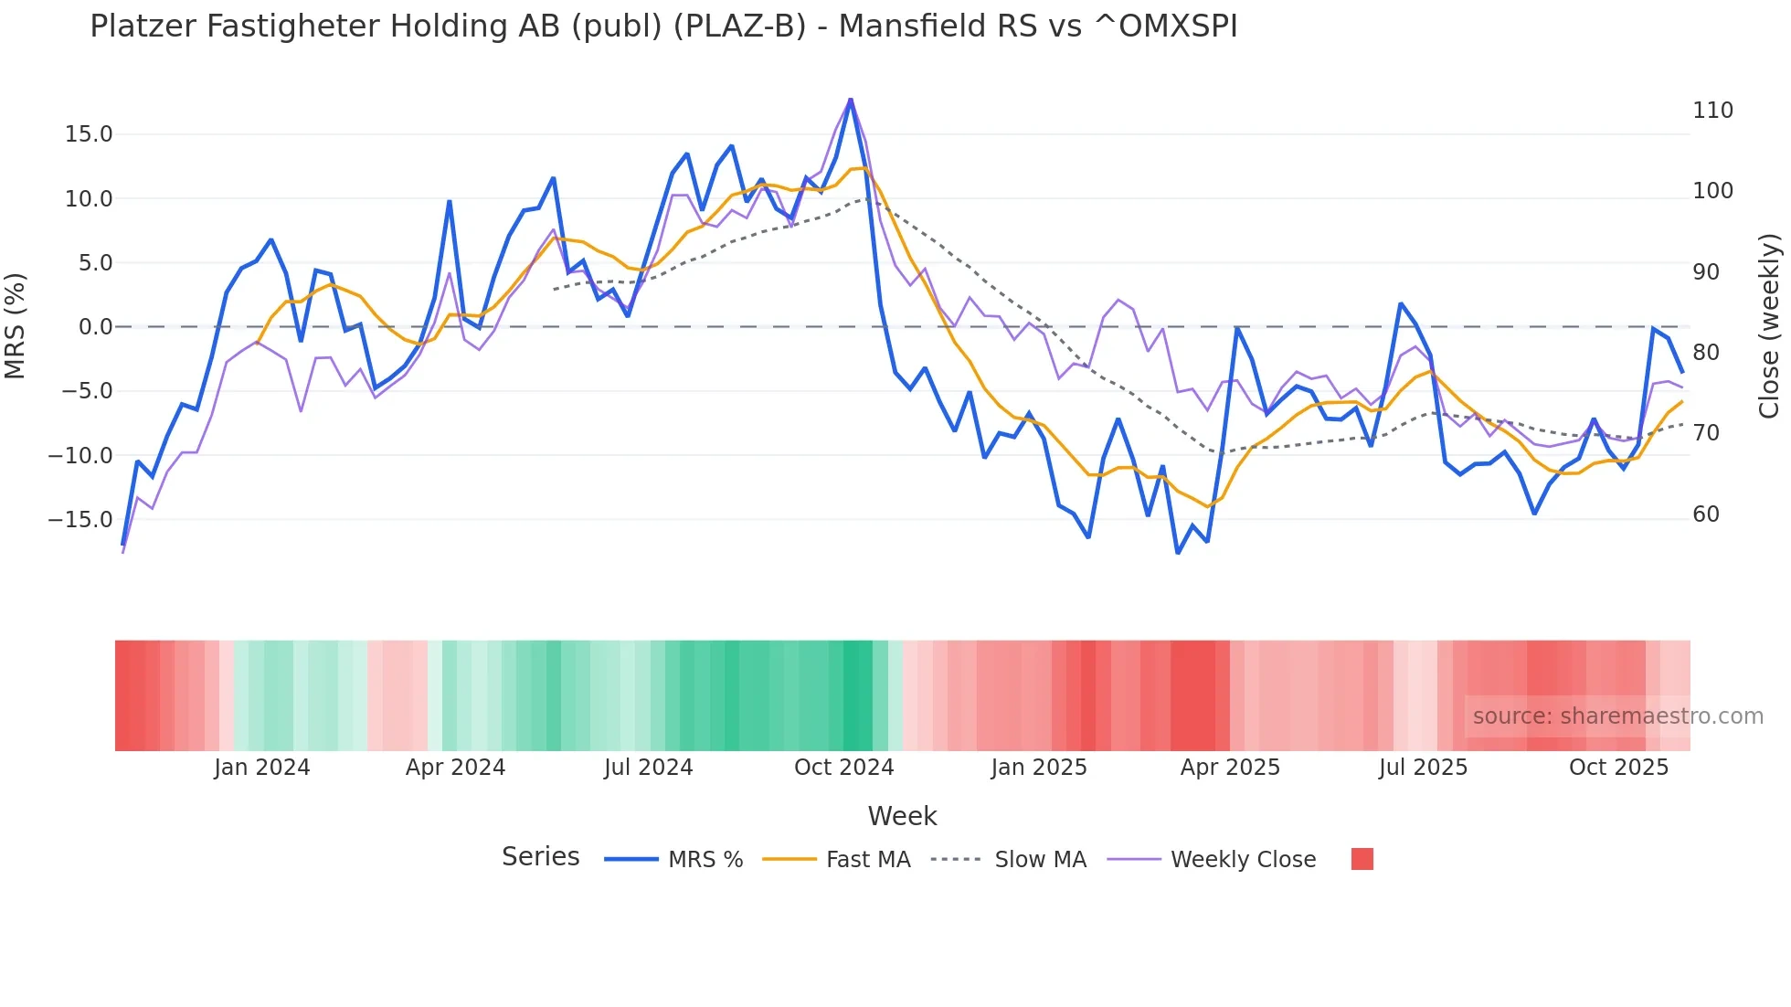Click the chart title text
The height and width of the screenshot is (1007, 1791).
(663, 26)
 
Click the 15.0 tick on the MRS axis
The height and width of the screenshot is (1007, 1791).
(89, 134)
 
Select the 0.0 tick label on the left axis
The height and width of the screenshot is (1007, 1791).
(95, 327)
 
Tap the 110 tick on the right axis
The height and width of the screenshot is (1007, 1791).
(1712, 111)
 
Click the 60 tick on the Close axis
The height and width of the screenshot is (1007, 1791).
(1706, 514)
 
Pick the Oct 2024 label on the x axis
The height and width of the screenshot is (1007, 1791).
(843, 768)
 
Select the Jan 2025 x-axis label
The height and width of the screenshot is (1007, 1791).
(1039, 768)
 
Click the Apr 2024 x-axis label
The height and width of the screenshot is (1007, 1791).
(455, 768)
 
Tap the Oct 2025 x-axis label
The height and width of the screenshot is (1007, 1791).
(1618, 768)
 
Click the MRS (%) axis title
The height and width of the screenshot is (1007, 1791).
(16, 325)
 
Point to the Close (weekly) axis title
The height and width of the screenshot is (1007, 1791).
(1769, 325)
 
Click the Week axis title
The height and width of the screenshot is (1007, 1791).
(902, 816)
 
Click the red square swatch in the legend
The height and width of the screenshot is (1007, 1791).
(1362, 859)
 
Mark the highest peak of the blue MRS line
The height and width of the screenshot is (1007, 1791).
(851, 101)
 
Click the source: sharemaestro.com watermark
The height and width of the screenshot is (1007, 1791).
(1617, 716)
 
